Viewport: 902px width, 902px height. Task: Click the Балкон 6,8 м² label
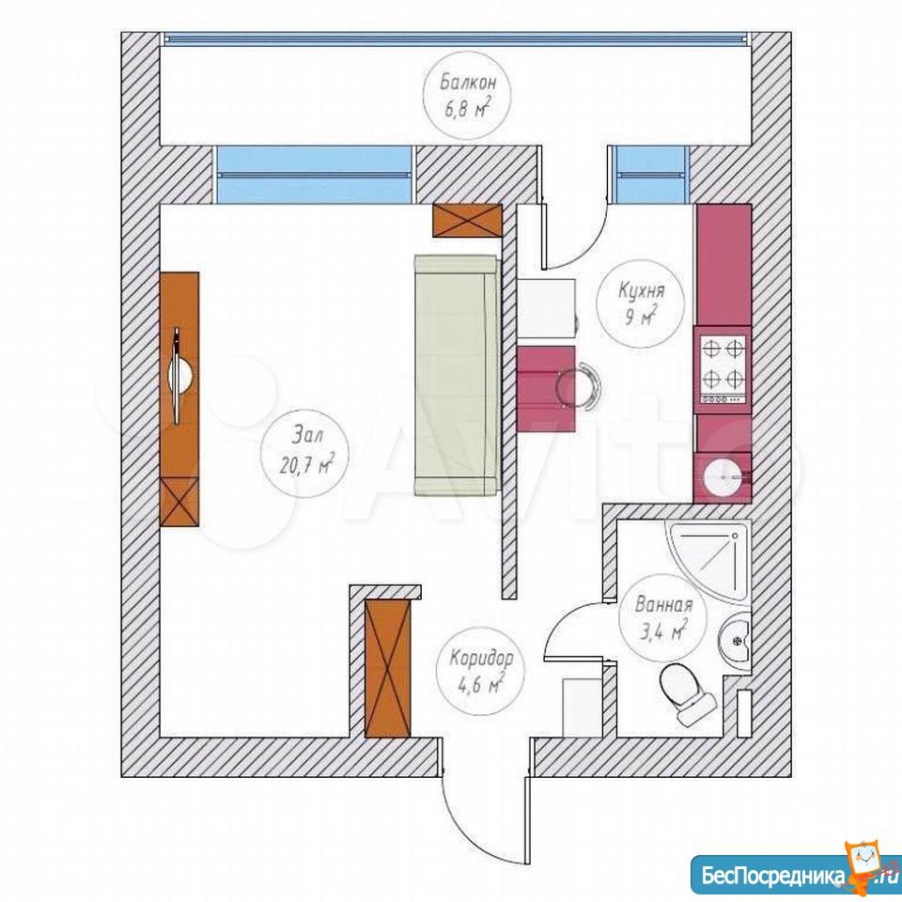tap(467, 95)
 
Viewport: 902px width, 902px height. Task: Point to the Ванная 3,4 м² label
tap(663, 618)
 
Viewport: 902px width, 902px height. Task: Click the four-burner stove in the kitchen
tap(723, 369)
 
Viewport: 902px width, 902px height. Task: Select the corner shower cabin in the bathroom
tap(708, 561)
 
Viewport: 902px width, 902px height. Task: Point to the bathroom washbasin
tap(735, 640)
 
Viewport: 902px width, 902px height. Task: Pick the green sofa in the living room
tap(458, 376)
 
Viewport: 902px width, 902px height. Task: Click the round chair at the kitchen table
tap(580, 385)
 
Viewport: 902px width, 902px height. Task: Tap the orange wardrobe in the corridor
tap(388, 667)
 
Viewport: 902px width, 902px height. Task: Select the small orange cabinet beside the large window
tap(467, 220)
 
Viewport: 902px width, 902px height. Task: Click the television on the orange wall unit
tap(180, 376)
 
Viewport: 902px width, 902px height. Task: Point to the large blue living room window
tap(315, 175)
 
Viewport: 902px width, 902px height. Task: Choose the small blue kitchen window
tap(650, 175)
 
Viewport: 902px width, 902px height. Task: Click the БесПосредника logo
tap(793, 876)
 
